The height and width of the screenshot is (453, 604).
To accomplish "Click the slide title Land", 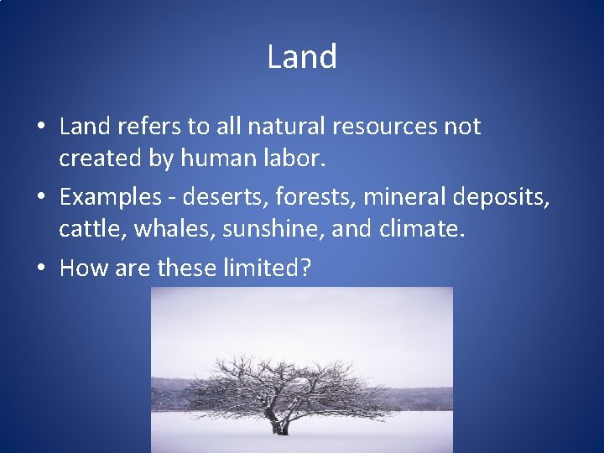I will (x=302, y=57).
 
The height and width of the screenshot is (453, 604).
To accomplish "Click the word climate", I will (x=420, y=229).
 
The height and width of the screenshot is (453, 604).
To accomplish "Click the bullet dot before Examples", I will (x=40, y=198).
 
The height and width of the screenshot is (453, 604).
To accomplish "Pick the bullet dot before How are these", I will (x=40, y=268).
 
